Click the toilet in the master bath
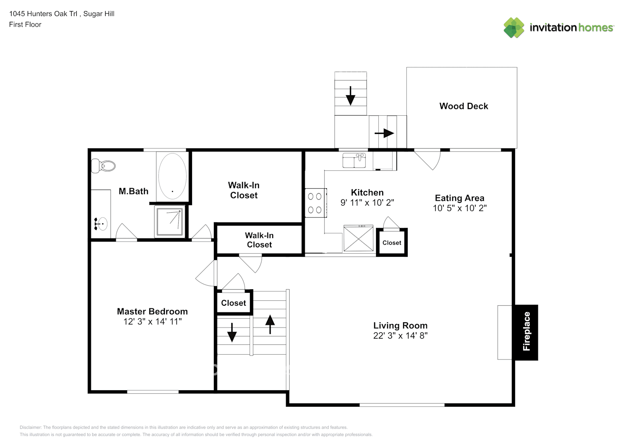(103, 166)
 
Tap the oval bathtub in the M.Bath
(172, 176)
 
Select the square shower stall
(169, 221)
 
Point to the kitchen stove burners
(315, 203)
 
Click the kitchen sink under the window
(354, 161)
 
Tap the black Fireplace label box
(526, 332)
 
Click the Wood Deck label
(463, 106)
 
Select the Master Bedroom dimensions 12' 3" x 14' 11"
(152, 322)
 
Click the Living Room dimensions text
(400, 336)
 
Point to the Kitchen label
(367, 192)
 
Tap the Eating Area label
(459, 198)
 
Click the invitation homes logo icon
(514, 28)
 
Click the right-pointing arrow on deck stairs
(384, 133)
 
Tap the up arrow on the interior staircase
(270, 324)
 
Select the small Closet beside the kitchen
(392, 243)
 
